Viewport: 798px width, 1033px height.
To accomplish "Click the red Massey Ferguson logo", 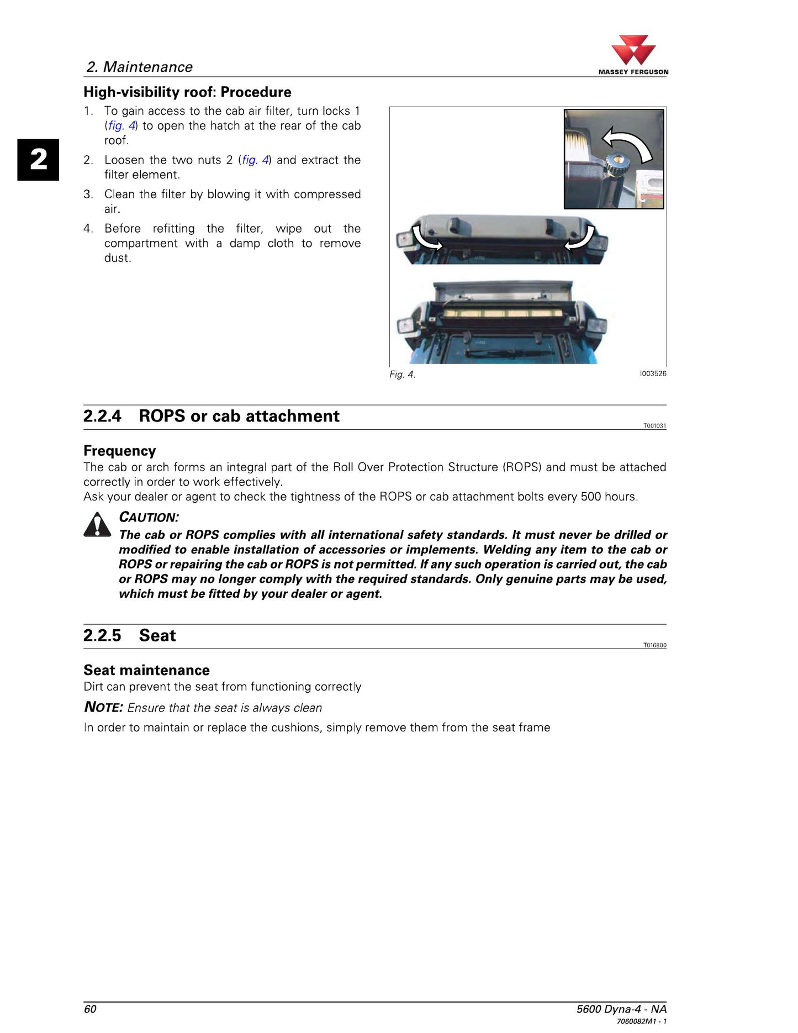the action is click(633, 51).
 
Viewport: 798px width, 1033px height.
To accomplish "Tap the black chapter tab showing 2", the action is click(38, 160).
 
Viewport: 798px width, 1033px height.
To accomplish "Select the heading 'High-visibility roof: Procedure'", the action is click(187, 92).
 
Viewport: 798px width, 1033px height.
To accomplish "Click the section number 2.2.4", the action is click(102, 416).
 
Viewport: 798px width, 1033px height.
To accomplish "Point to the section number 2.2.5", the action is click(102, 635).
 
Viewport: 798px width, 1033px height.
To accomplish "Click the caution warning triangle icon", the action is click(97, 525).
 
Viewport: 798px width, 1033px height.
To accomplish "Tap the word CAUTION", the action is click(149, 518).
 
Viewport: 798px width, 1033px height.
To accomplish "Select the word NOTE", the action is click(103, 707).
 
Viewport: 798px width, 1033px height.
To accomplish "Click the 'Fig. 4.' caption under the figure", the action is click(402, 375).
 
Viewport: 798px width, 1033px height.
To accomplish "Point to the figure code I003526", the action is click(653, 373).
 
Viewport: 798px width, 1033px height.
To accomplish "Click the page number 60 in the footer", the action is click(90, 1009).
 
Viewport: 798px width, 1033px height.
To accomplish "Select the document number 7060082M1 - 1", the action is click(642, 1021).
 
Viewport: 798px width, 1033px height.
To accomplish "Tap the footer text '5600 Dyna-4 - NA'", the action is click(621, 1009).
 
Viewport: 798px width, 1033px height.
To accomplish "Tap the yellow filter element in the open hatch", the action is click(502, 314).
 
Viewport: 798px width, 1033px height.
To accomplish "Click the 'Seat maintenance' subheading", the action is click(146, 670).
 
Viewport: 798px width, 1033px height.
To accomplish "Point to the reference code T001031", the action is click(655, 426).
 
